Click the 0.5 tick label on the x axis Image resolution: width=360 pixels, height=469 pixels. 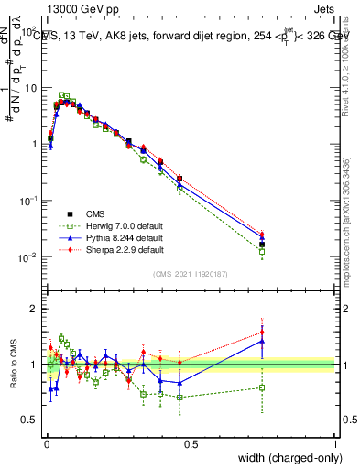pos(191,443)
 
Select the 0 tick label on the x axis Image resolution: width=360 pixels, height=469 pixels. pos(46,443)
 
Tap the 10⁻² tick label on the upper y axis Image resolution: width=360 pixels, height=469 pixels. pos(28,257)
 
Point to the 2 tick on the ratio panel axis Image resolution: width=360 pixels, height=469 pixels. pos(35,309)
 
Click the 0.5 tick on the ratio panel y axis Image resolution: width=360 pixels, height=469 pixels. pos(31,420)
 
